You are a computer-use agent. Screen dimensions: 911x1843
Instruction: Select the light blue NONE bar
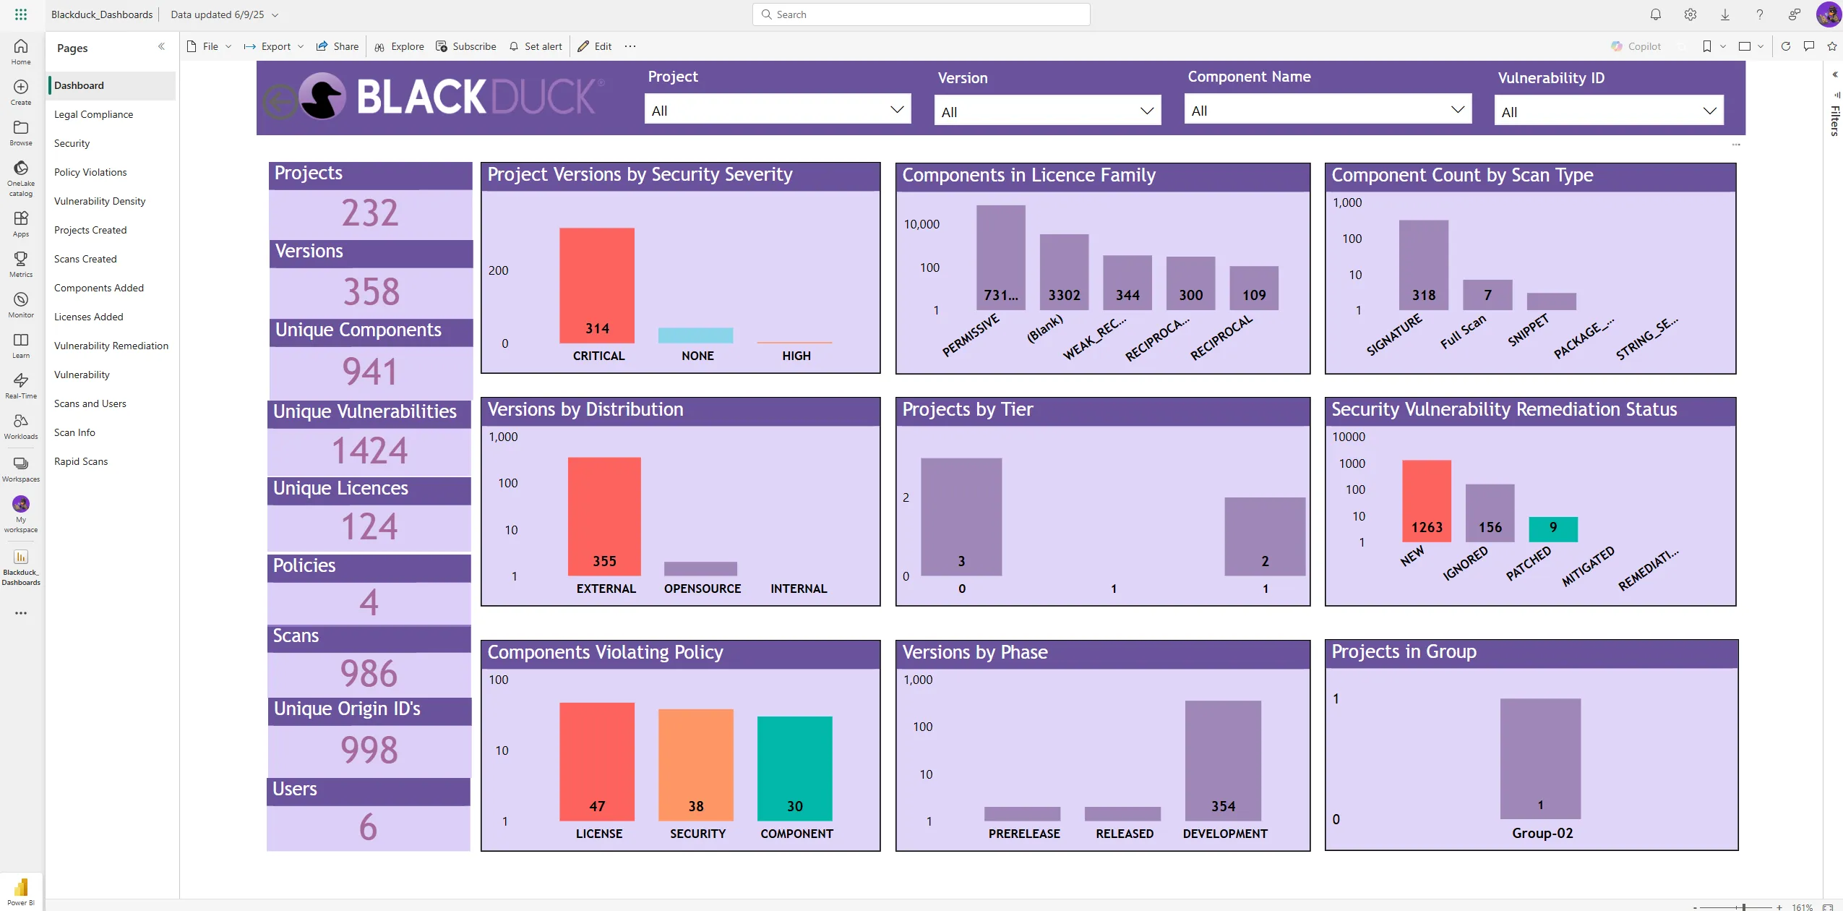coord(695,335)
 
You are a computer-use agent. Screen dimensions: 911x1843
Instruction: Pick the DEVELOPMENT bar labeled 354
coord(1223,759)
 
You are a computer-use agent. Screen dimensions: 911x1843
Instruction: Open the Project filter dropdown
coord(777,110)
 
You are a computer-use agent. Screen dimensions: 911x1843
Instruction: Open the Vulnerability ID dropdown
coord(1608,111)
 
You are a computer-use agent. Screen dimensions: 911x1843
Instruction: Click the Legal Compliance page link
coord(93,114)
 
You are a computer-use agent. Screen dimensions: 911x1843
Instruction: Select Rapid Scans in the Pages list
coord(81,461)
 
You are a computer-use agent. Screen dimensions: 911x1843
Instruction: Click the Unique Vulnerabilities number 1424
coord(369,450)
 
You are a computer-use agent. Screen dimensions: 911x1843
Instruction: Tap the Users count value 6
coord(368,826)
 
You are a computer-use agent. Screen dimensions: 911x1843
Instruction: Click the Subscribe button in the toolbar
coord(466,46)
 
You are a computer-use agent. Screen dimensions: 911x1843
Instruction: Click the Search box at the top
coord(921,14)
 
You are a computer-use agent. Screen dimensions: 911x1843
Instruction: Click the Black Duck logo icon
coord(322,96)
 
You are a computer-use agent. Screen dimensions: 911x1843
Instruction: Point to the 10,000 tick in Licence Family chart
coord(921,224)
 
